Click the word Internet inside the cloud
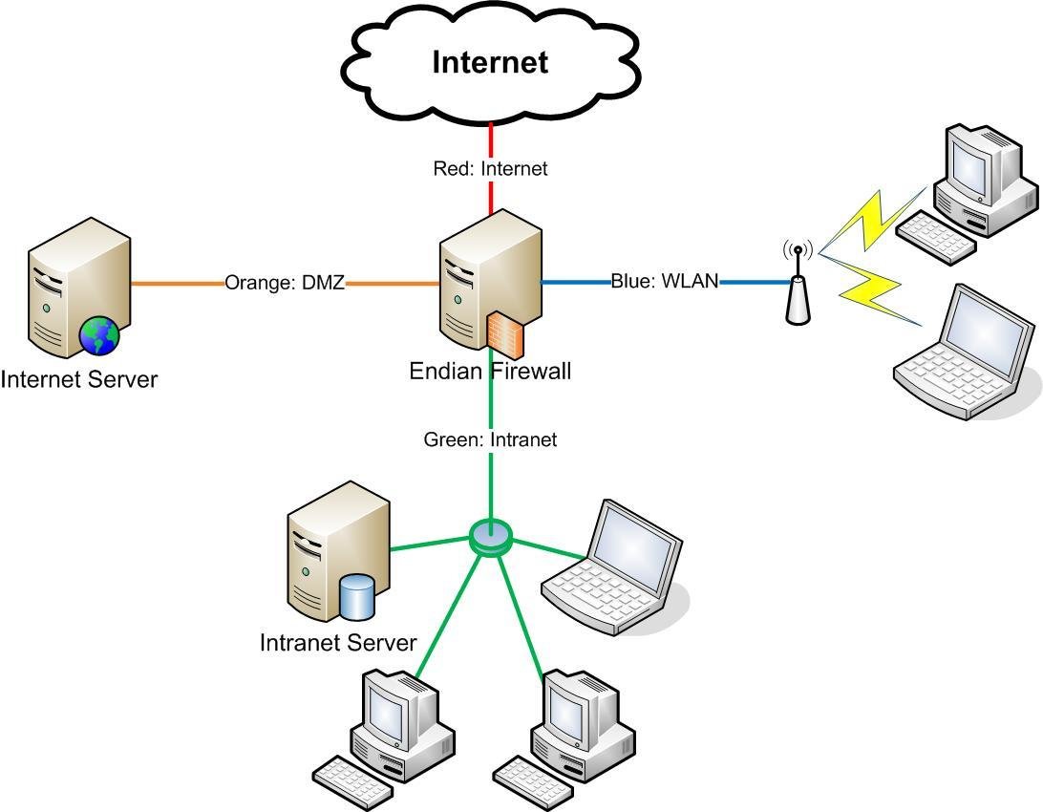pyautogui.click(x=490, y=62)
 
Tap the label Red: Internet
pyautogui.click(x=490, y=169)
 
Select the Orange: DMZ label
pyautogui.click(x=285, y=283)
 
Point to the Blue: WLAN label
pyautogui.click(x=665, y=282)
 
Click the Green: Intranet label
pyautogui.click(x=490, y=439)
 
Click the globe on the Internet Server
pyautogui.click(x=99, y=336)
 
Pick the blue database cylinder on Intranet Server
pyautogui.click(x=356, y=596)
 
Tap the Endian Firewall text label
pyautogui.click(x=490, y=371)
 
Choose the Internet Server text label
pyautogui.click(x=79, y=379)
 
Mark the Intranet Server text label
pyautogui.click(x=338, y=642)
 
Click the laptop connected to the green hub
pyautogui.click(x=616, y=568)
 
